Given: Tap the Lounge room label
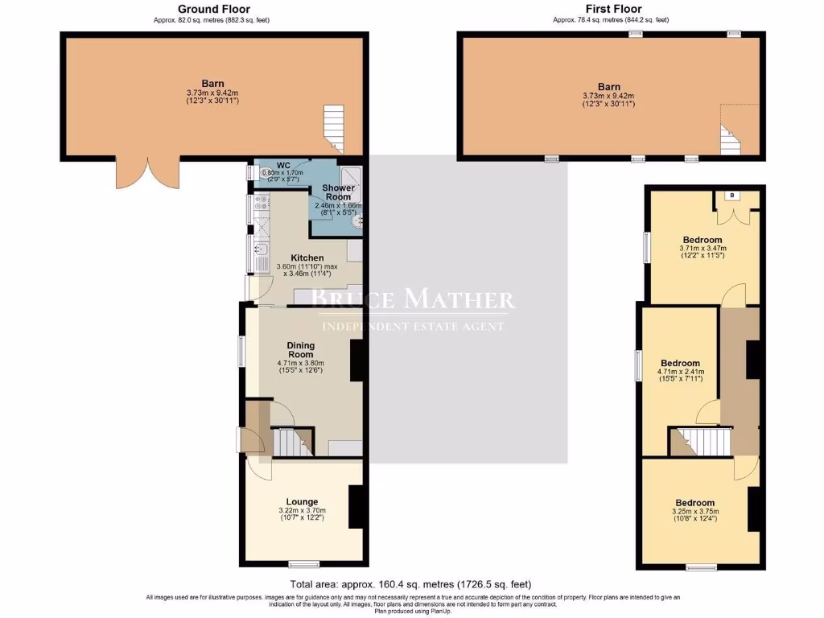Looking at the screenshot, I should point(302,501).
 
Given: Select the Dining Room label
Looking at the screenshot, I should point(301,350).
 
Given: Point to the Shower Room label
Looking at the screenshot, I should point(339,192).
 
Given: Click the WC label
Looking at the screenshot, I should point(261,164).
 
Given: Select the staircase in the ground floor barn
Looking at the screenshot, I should point(334,129).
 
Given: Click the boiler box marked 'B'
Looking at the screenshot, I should point(731,195).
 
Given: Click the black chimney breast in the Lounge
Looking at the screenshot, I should point(356,507).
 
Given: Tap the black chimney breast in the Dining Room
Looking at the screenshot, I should point(356,360).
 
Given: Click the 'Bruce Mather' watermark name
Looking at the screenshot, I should point(412,300).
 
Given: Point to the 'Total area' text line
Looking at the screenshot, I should point(410,583).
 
